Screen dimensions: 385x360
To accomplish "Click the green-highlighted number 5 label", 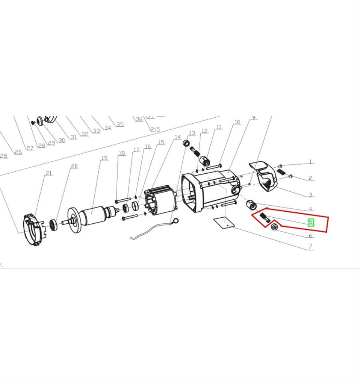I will [311, 222].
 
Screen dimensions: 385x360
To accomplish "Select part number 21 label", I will [49, 173].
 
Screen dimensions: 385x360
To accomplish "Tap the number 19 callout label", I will [104, 158].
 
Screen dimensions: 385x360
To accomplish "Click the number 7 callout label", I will [311, 247].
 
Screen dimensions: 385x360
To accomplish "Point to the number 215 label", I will [155, 129].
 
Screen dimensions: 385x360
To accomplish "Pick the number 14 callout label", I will [178, 138].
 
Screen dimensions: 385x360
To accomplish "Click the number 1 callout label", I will [311, 162].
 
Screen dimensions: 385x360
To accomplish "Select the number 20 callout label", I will [74, 166].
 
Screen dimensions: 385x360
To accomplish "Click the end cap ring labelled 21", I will [32, 230].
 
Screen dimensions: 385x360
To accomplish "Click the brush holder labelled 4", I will [251, 206].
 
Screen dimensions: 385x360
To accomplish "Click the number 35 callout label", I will [120, 124].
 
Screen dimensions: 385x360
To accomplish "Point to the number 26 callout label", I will [18, 152].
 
